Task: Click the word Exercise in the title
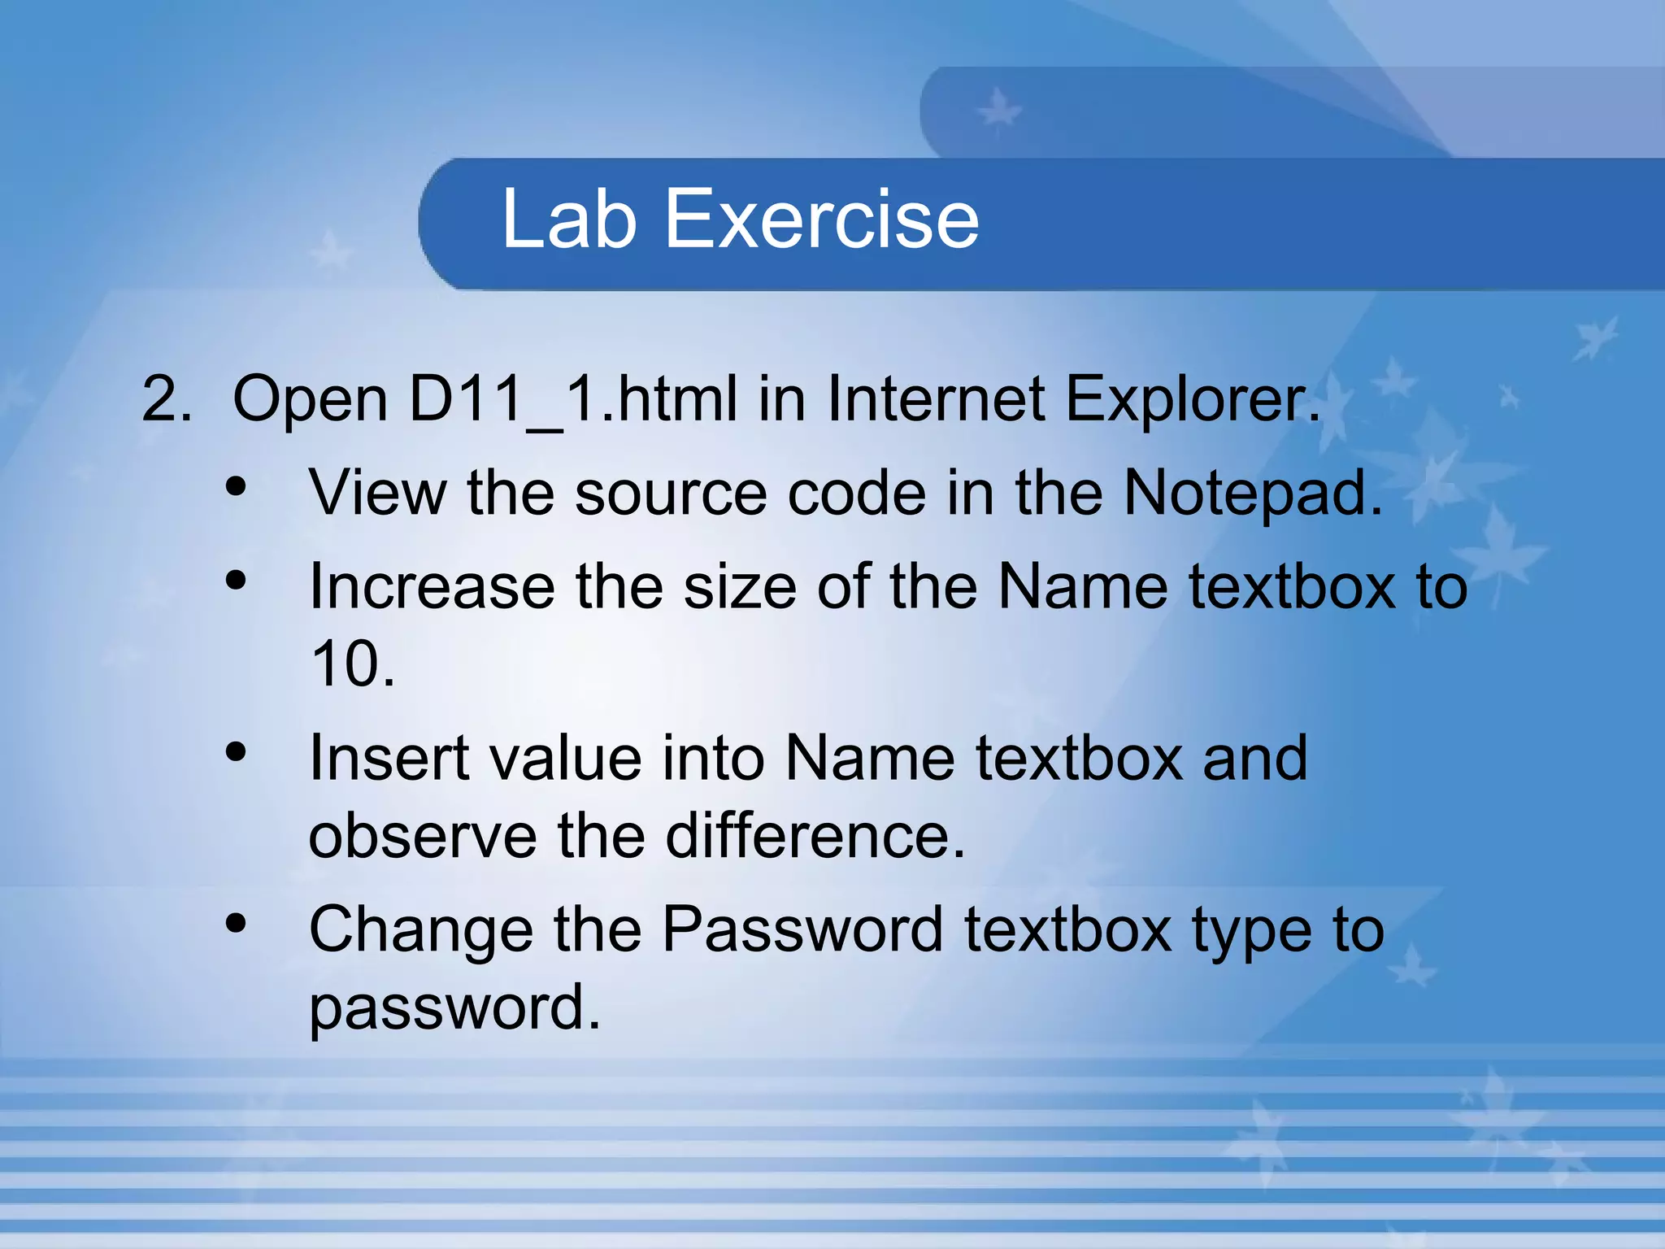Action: point(822,219)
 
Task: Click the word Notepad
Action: point(1251,494)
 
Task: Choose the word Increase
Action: point(432,586)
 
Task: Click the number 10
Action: point(351,664)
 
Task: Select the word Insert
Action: point(389,758)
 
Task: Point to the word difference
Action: point(815,836)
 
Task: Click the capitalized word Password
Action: point(802,929)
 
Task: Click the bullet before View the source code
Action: point(236,487)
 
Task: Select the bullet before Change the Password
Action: point(236,923)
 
